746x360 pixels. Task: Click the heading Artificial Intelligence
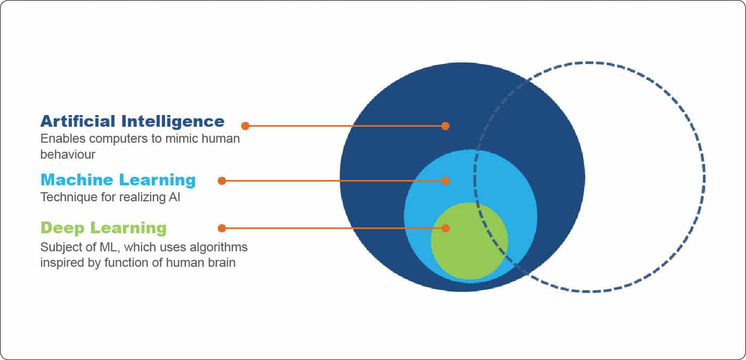(132, 121)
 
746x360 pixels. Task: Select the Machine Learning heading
(118, 180)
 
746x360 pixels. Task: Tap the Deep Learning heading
(103, 228)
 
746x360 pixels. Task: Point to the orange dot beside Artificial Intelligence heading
(245, 126)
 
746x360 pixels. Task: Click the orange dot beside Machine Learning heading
(222, 181)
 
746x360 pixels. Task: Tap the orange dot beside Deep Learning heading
(222, 228)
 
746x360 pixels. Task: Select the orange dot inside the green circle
(446, 228)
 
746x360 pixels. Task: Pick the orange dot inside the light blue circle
(446, 181)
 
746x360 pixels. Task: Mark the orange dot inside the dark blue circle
(446, 126)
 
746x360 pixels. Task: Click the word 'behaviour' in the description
(68, 154)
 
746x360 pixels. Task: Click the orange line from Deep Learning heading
(330, 228)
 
